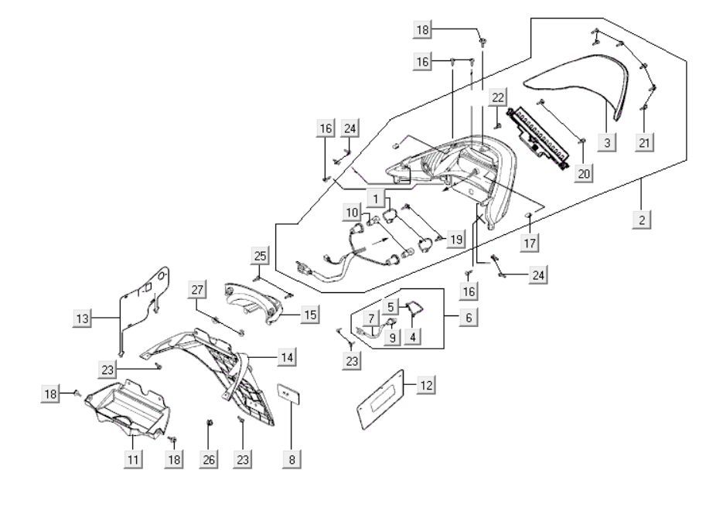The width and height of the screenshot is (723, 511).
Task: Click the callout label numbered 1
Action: pos(377,199)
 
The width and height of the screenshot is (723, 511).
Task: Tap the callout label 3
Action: pos(608,143)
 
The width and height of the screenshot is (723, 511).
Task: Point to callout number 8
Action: pos(292,458)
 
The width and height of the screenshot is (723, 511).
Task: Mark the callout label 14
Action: pos(287,357)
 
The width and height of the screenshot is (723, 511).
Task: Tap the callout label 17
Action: pos(530,243)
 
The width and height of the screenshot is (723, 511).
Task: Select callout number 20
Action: pos(583,173)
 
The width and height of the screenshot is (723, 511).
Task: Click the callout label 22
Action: pos(498,97)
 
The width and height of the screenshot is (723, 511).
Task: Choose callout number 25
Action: pos(259,256)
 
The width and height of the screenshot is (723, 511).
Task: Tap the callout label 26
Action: pos(207,458)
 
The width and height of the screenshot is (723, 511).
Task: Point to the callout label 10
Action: pos(352,212)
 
